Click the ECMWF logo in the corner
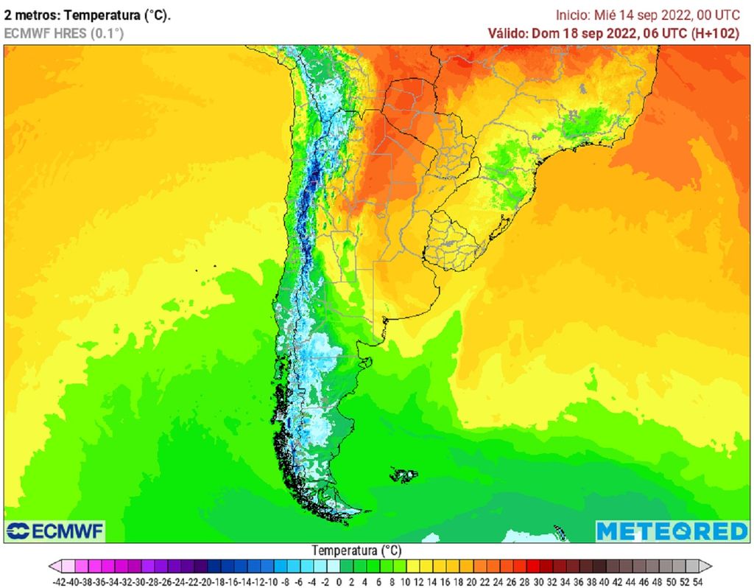click(x=55, y=531)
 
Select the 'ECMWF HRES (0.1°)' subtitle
click(x=64, y=33)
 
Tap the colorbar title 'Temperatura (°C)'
click(x=356, y=550)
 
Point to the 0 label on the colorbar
click(x=340, y=581)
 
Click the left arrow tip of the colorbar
click(x=52, y=566)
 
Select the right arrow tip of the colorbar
click(x=711, y=566)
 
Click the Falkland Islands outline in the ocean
click(x=404, y=475)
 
